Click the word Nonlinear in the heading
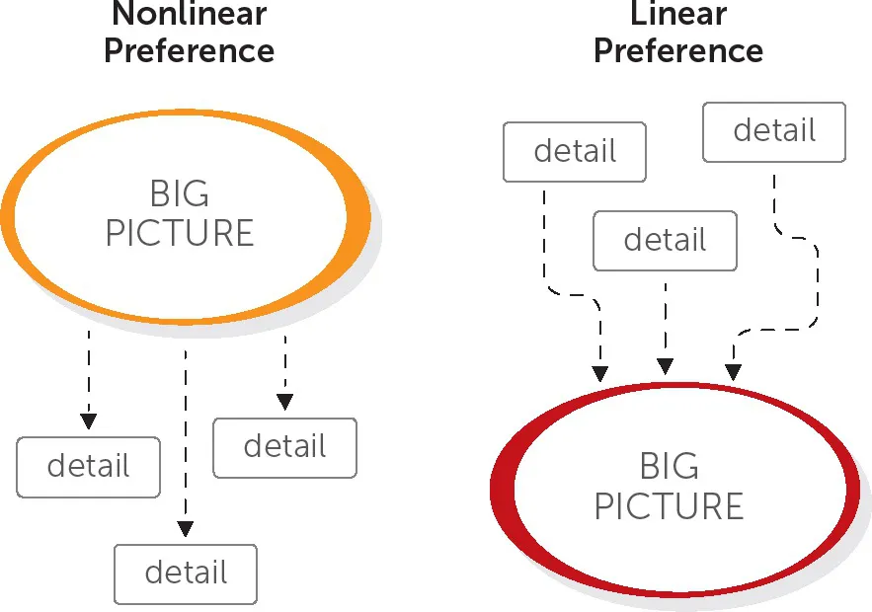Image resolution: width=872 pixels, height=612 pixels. pyautogui.click(x=189, y=15)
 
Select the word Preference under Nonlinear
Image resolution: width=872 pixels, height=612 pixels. pyautogui.click(x=189, y=49)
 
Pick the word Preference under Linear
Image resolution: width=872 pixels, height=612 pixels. pyautogui.click(x=677, y=49)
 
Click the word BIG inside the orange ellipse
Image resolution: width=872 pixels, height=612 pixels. pyautogui.click(x=180, y=192)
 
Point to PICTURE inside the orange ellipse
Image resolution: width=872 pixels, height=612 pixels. pyautogui.click(x=180, y=233)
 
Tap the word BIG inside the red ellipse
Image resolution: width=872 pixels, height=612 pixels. pyautogui.click(x=669, y=466)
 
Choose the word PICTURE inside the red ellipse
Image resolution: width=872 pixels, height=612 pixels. pyautogui.click(x=669, y=506)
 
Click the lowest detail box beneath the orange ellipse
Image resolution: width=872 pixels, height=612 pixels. pyautogui.click(x=186, y=574)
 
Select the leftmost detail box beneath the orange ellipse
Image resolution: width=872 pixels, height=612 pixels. pyautogui.click(x=89, y=466)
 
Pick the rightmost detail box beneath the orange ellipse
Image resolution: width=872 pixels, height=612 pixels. pyautogui.click(x=284, y=447)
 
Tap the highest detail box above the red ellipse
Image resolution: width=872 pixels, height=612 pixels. pyautogui.click(x=774, y=131)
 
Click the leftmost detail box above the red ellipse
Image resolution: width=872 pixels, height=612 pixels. pyautogui.click(x=575, y=152)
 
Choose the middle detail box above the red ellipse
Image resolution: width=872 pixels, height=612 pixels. pyautogui.click(x=665, y=240)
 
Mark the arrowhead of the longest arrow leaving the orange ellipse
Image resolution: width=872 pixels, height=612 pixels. pyautogui.click(x=185, y=529)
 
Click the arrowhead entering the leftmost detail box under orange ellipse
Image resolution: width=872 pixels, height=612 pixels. pyautogui.click(x=88, y=421)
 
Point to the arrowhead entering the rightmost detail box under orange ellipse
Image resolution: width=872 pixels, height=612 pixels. pyautogui.click(x=284, y=402)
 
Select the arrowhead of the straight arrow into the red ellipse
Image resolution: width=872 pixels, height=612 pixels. pyautogui.click(x=666, y=366)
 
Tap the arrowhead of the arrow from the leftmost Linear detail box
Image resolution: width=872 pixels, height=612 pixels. pyautogui.click(x=599, y=373)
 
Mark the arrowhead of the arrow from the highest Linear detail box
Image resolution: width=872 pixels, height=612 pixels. pyautogui.click(x=733, y=371)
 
